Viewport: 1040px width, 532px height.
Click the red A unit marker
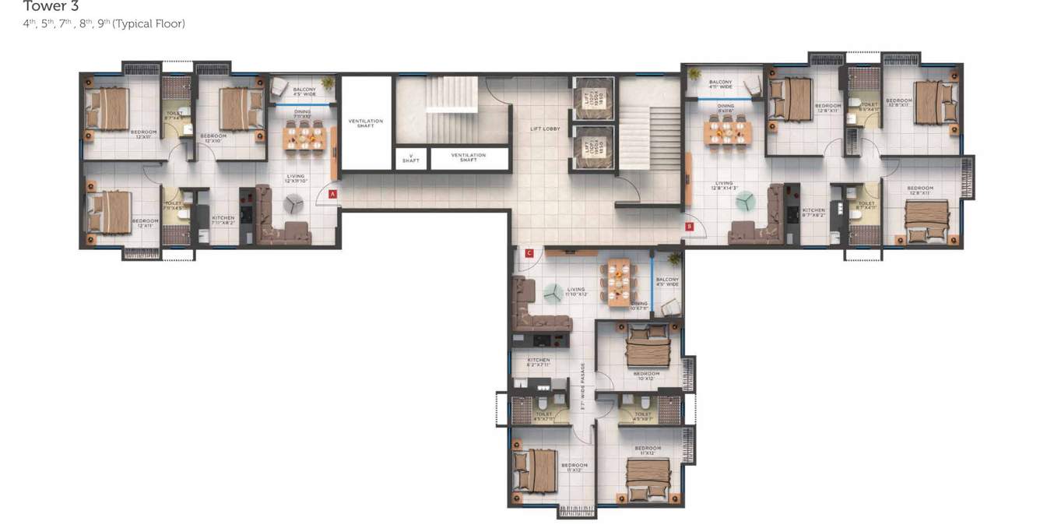tap(333, 194)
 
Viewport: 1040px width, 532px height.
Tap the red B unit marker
tap(689, 227)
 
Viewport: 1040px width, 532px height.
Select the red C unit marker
tap(529, 253)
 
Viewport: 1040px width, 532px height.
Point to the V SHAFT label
tap(410, 158)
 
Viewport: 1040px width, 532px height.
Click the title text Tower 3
tap(51, 6)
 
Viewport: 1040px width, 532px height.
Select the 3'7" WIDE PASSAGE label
tap(582, 386)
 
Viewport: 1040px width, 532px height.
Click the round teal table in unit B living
tap(745, 202)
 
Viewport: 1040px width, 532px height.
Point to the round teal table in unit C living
tap(553, 293)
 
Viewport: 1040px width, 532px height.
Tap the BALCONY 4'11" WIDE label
tap(720, 84)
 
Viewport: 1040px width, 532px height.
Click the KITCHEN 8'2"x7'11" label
tap(538, 362)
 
